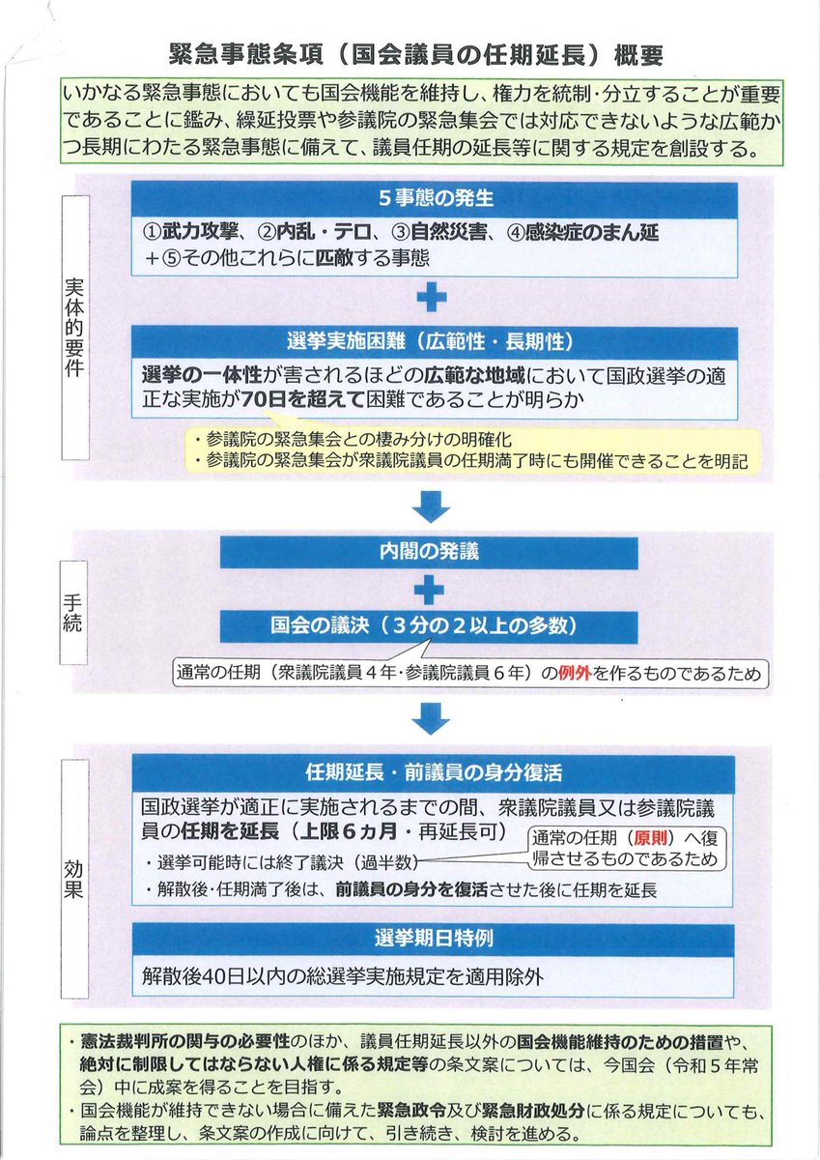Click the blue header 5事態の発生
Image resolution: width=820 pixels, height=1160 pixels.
click(x=435, y=198)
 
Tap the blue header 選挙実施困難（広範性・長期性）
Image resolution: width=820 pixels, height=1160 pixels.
click(x=435, y=341)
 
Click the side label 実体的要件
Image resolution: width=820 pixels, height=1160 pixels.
click(x=74, y=330)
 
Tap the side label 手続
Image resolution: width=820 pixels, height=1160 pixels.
click(x=74, y=599)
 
